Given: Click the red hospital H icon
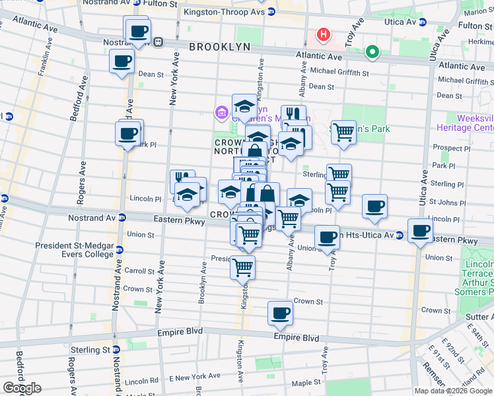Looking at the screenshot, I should pyautogui.click(x=324, y=34).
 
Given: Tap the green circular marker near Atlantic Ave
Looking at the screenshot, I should pyautogui.click(x=372, y=51).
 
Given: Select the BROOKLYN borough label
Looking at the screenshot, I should pyautogui.click(x=220, y=47).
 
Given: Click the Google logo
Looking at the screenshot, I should pyautogui.click(x=22, y=388).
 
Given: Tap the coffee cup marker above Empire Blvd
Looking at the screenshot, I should pyautogui.click(x=280, y=313).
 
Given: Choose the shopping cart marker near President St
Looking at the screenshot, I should pyautogui.click(x=242, y=267).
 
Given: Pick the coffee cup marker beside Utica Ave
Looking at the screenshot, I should pyautogui.click(x=420, y=230).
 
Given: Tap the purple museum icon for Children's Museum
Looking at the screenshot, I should pyautogui.click(x=220, y=113).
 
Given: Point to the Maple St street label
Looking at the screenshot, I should pyautogui.click(x=305, y=382).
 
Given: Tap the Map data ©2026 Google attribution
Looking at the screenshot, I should pyautogui.click(x=454, y=391).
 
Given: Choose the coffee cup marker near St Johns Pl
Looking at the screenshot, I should pyautogui.click(x=374, y=206).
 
